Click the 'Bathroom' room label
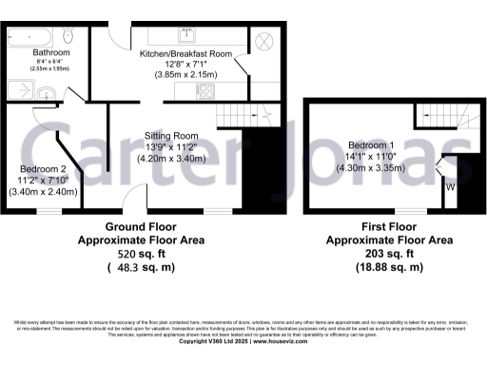pyautogui.click(x=51, y=51)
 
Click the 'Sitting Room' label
pyautogui.click(x=171, y=135)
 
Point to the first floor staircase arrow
pyautogui.click(x=440, y=122)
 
